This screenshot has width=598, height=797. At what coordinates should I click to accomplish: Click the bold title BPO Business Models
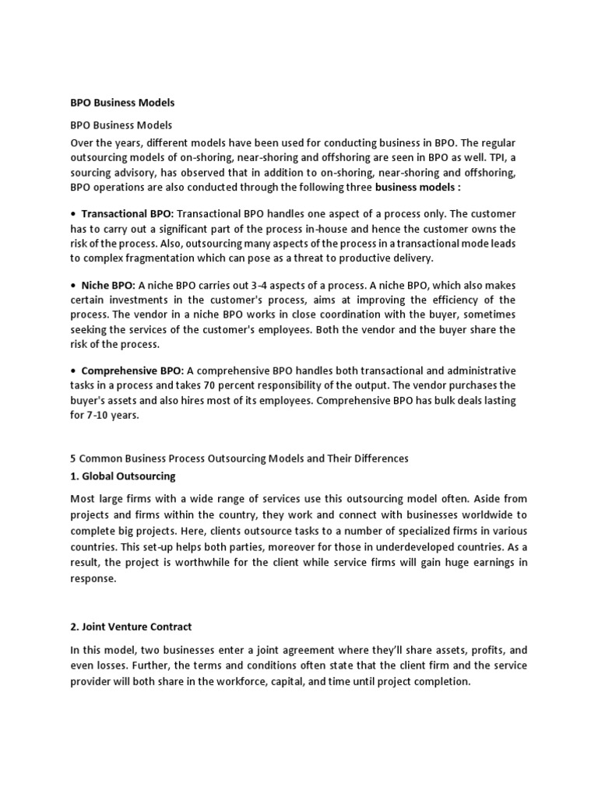tap(122, 103)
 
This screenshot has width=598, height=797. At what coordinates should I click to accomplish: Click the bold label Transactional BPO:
tap(128, 213)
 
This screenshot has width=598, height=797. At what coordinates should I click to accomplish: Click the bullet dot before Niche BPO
tap(73, 286)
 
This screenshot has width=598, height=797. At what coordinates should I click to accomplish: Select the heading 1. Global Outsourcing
tap(123, 476)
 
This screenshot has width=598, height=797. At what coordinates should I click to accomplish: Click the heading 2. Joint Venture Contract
tap(131, 627)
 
